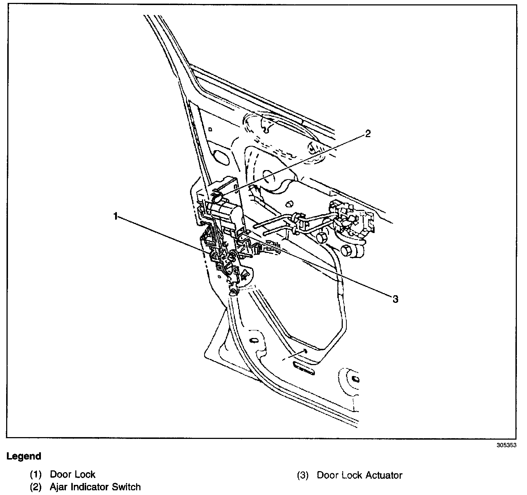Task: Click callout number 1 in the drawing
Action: click(115, 216)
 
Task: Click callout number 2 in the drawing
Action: click(368, 134)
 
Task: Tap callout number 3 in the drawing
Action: click(395, 299)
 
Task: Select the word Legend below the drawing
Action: click(24, 456)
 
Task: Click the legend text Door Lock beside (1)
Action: click(72, 474)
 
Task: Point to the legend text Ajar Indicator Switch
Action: click(95, 487)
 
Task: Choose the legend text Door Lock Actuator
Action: click(359, 475)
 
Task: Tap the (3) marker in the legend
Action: click(303, 475)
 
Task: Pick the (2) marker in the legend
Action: click(35, 487)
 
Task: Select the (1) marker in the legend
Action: click(35, 475)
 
